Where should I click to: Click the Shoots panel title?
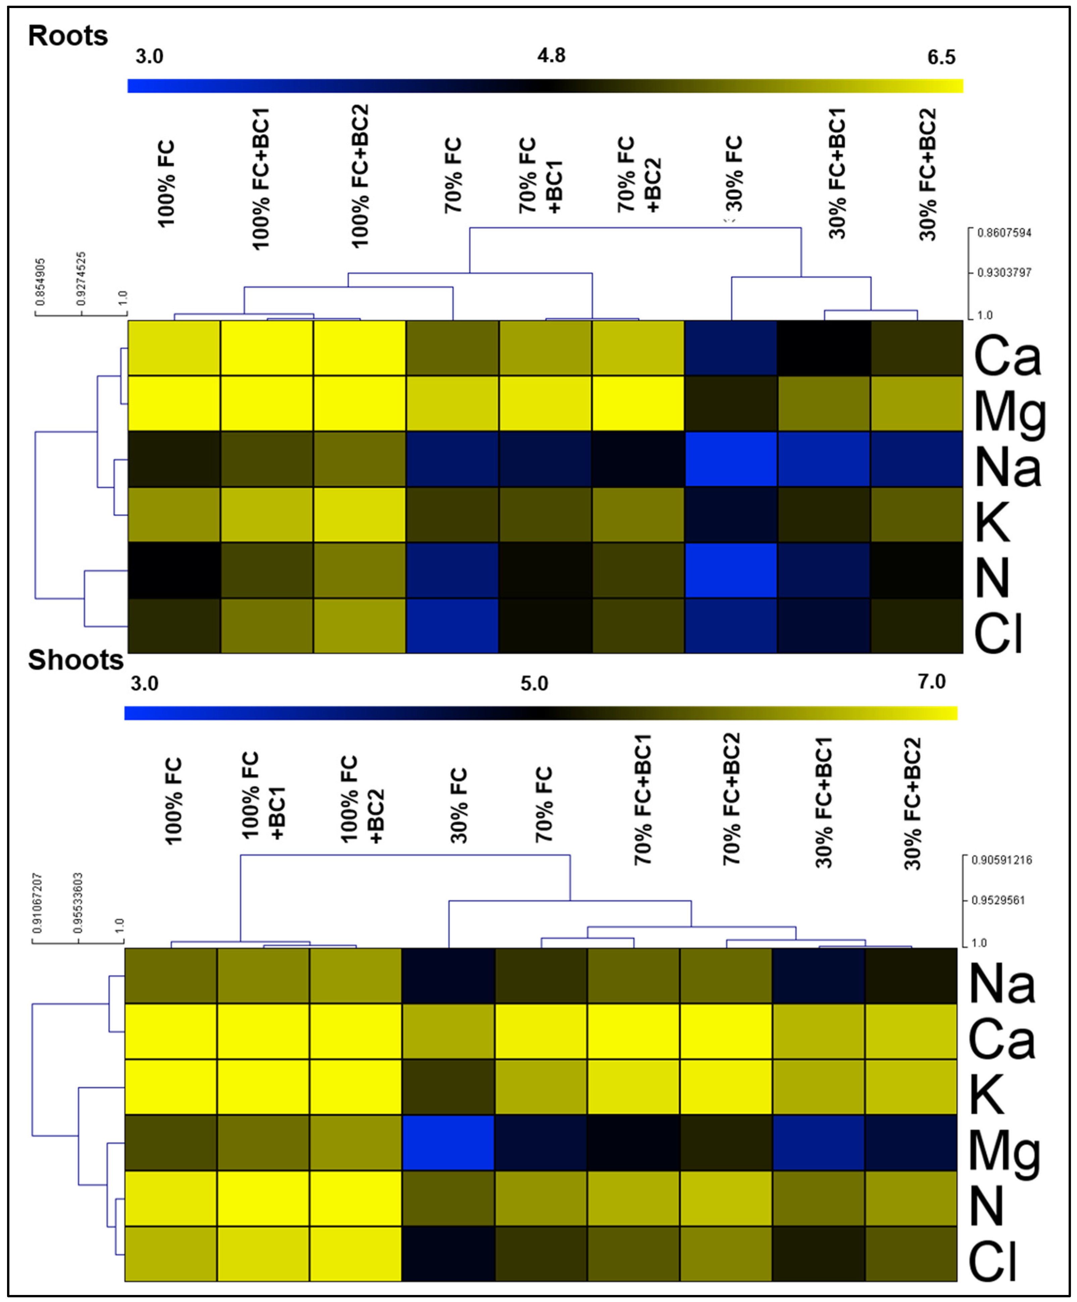pos(75,660)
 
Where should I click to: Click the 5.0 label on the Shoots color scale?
pos(534,683)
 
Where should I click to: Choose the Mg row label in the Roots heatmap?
pos(1009,414)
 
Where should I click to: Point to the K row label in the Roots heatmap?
pos(992,522)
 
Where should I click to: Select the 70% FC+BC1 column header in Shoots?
pos(643,800)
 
